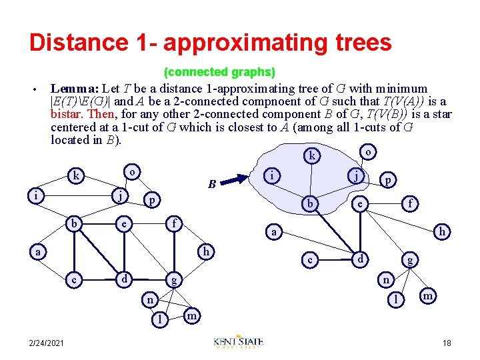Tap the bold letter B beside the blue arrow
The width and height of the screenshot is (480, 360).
coord(211,184)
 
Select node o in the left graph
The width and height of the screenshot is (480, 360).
coord(133,172)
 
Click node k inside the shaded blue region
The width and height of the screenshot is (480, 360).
coord(311,156)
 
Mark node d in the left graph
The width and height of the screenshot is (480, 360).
coord(123,276)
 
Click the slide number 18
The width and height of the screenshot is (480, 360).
coord(447,343)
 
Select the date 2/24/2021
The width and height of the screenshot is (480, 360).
coord(47,343)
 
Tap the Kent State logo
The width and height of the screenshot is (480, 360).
coord(239,342)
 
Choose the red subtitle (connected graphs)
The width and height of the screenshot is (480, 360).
coord(219,71)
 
